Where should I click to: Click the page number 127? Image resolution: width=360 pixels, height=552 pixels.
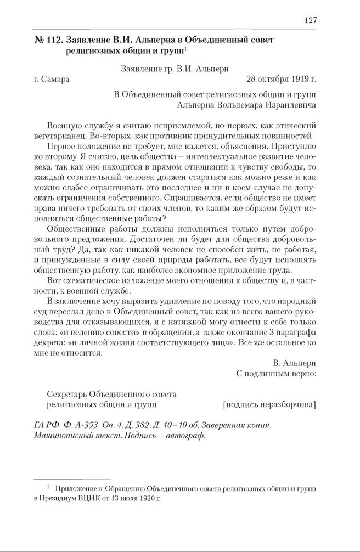310,20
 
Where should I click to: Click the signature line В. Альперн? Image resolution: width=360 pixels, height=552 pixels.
294,363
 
